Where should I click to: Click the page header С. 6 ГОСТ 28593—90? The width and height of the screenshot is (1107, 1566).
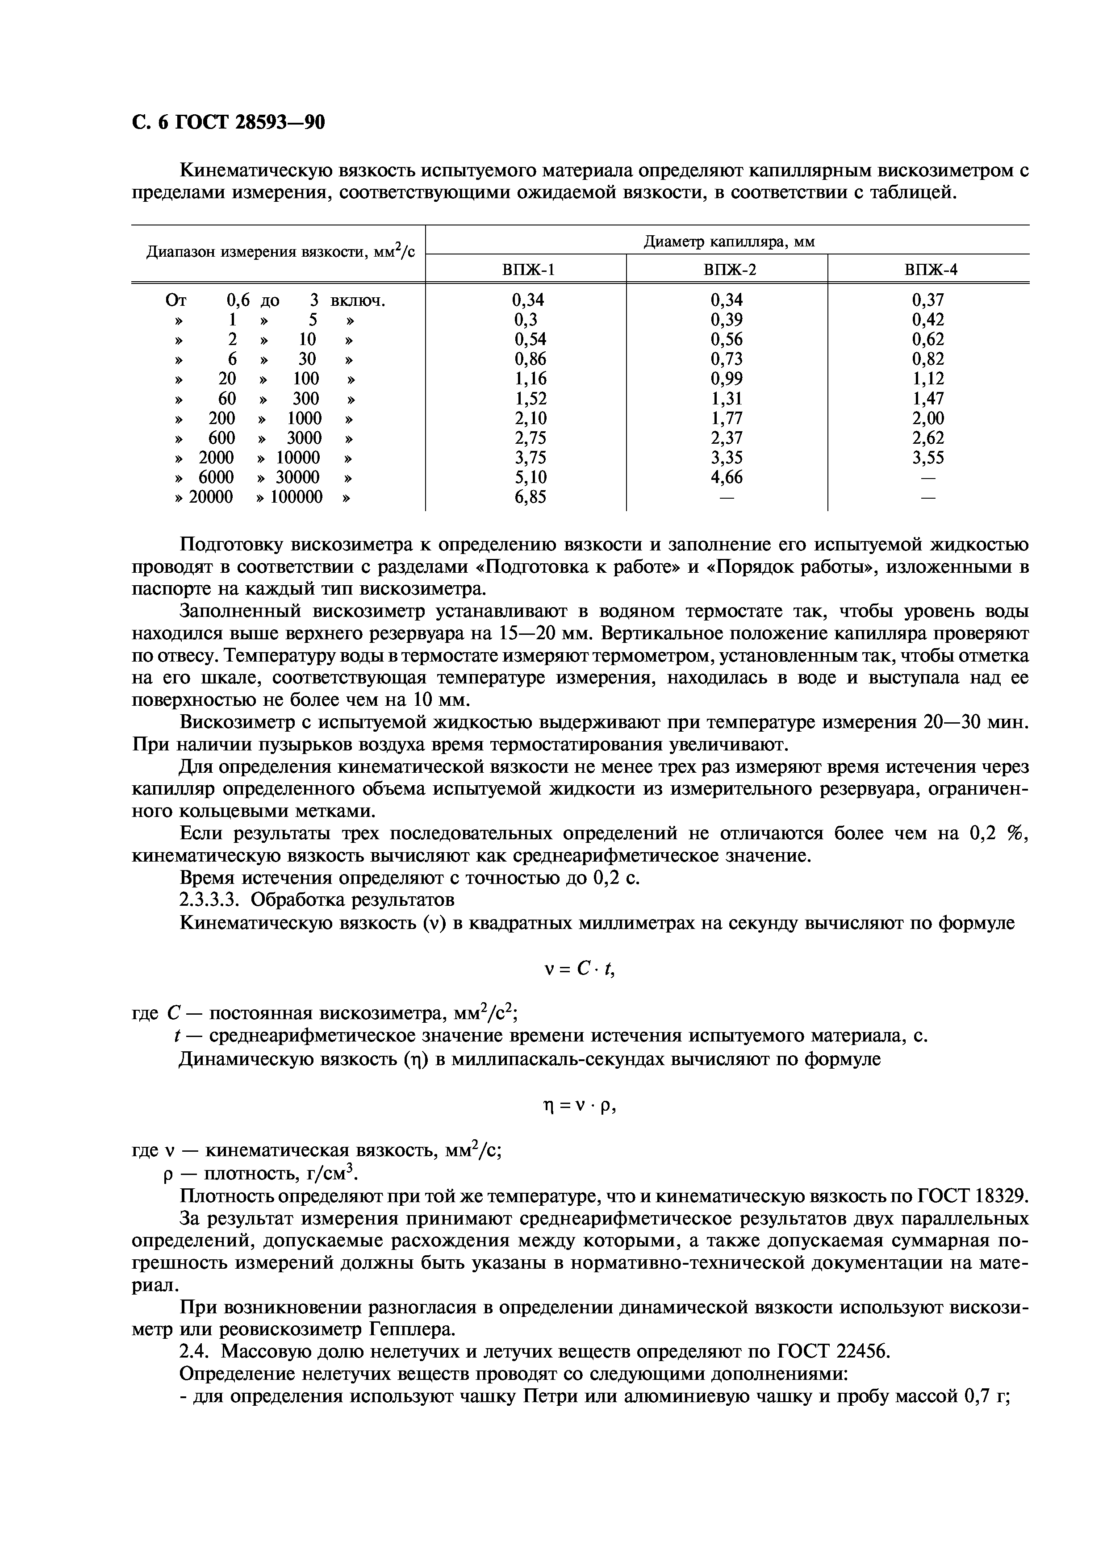pos(228,123)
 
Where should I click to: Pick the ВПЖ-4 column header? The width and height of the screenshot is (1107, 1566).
pos(930,270)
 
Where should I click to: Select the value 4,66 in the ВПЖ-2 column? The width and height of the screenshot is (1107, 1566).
pos(727,478)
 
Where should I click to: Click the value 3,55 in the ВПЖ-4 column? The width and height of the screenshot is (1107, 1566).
pos(927,458)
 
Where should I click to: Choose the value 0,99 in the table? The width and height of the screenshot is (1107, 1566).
pos(727,379)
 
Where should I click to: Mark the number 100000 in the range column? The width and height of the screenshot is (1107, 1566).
pos(297,497)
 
